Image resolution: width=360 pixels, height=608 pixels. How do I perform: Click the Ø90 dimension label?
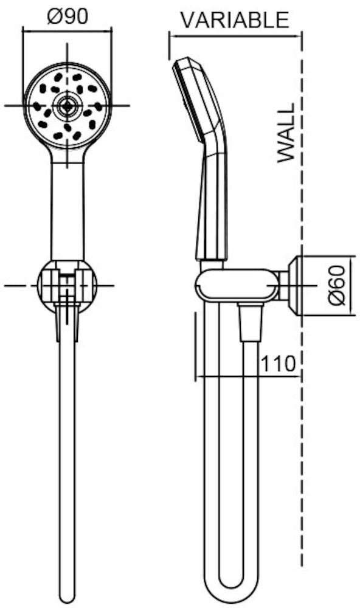67,16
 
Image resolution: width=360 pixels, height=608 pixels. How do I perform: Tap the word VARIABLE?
235,20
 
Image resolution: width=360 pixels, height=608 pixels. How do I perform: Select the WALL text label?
286,133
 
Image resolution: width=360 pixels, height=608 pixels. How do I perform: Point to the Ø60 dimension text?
336,285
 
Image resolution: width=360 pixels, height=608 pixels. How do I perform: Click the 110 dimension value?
278,364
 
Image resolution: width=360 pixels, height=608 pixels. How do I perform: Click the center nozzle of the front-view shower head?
67,105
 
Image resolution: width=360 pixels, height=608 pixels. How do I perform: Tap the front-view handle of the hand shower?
67,212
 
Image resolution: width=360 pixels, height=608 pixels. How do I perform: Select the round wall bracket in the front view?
67,286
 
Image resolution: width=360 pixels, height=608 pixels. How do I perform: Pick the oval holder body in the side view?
237,286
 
